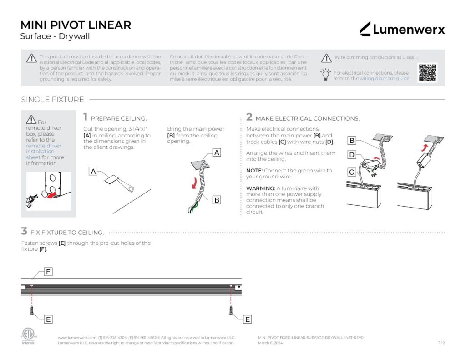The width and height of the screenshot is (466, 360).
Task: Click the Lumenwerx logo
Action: click(x=402, y=30)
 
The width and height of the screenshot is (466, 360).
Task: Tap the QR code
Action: click(x=427, y=73)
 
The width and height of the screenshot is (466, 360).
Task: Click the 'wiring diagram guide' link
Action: click(x=385, y=78)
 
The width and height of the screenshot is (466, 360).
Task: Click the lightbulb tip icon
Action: click(x=325, y=75)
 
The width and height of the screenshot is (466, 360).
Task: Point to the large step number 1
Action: click(x=86, y=117)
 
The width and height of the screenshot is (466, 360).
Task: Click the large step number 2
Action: click(x=249, y=117)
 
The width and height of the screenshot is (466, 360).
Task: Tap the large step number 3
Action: click(x=24, y=231)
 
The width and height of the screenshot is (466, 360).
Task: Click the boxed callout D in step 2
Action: click(x=352, y=155)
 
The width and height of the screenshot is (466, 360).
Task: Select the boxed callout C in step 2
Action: click(x=352, y=172)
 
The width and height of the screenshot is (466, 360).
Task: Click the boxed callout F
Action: click(x=48, y=272)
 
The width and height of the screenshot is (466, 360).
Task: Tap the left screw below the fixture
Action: click(x=32, y=311)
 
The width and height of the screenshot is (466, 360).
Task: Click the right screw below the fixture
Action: click(x=231, y=311)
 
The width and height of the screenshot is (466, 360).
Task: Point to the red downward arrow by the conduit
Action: click(x=194, y=183)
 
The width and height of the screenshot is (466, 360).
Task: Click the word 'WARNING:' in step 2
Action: click(x=260, y=188)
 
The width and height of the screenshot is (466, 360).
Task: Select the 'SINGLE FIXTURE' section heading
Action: click(x=52, y=100)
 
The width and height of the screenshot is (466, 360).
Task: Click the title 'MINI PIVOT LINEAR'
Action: click(x=76, y=25)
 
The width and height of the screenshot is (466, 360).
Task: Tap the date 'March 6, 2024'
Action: click(x=270, y=343)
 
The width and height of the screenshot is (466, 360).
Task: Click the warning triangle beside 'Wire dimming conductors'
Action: click(x=326, y=58)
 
